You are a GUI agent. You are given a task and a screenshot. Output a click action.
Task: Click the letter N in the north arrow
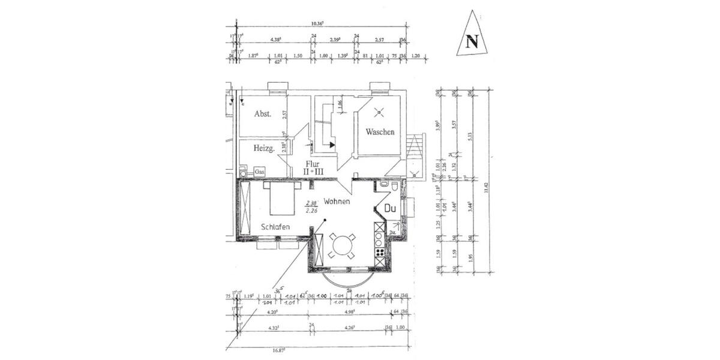pos(472,42)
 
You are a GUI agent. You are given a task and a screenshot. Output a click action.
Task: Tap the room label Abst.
pos(263,113)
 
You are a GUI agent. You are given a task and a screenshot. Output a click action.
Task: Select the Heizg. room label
pos(263,149)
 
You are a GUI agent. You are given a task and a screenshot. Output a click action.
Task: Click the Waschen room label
pos(379,132)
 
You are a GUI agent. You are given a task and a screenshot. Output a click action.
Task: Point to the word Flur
pos(313,163)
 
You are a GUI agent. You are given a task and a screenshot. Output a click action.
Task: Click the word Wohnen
pos(337,202)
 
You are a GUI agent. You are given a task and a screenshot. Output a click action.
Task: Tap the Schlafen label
pos(276,227)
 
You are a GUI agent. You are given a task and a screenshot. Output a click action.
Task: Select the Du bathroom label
pos(391,209)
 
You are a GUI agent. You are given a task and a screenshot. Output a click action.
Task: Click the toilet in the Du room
pos(394,187)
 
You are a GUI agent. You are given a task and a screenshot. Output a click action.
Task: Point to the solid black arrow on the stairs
pos(331,145)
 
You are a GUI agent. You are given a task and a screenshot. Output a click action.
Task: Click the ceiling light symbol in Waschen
pos(379,111)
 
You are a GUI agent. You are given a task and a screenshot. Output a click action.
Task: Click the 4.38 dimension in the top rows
pos(276,40)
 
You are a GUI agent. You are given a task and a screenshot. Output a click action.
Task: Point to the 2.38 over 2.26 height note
pos(311,207)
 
